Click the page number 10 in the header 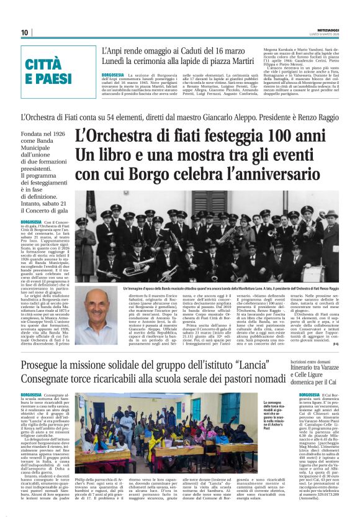(25, 32)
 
